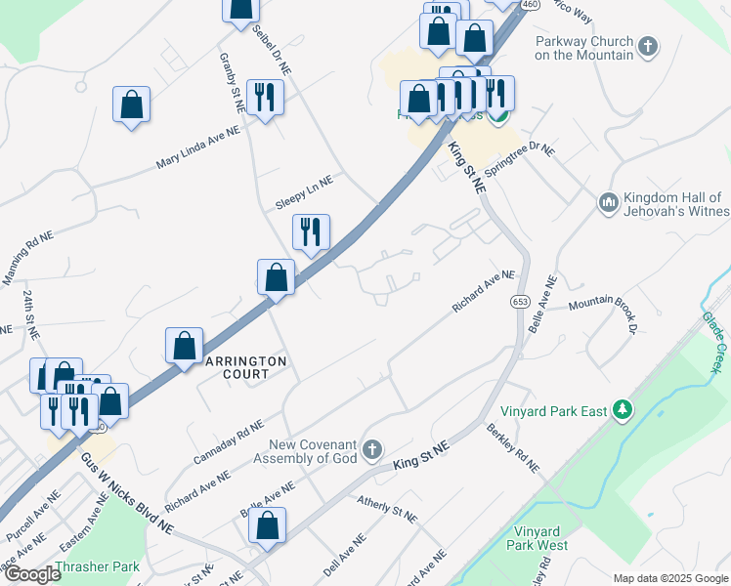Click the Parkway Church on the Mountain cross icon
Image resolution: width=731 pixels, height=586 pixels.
click(648, 45)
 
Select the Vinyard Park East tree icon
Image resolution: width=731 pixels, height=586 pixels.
click(621, 411)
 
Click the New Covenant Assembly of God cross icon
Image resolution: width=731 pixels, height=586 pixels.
click(370, 450)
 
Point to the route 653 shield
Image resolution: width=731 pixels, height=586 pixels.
click(520, 302)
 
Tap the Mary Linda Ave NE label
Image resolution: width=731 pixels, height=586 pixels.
click(197, 148)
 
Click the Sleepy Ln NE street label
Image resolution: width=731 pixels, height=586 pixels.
click(304, 182)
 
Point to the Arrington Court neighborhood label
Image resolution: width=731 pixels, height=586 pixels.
click(244, 367)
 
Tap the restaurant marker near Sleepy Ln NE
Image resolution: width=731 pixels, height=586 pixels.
click(311, 231)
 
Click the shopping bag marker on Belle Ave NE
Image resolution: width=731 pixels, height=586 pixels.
click(267, 523)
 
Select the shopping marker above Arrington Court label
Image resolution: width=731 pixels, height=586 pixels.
click(184, 345)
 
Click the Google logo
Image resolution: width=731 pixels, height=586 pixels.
click(31, 574)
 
